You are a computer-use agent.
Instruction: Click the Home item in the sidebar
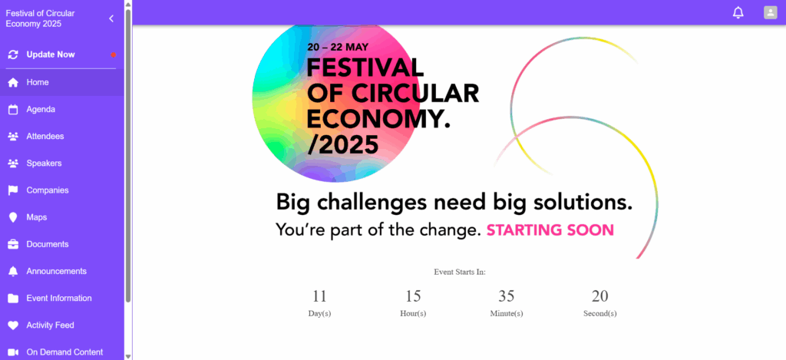(38, 82)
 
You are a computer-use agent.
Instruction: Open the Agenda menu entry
(41, 109)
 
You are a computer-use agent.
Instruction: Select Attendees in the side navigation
(45, 137)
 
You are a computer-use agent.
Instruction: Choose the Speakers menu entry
(44, 163)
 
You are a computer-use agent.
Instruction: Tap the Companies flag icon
(13, 190)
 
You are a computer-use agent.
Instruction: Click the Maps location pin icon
(13, 217)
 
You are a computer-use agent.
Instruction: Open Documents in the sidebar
(47, 245)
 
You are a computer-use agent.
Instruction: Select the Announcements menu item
(56, 271)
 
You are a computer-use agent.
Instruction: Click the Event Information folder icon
(13, 299)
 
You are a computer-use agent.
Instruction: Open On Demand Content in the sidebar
(64, 352)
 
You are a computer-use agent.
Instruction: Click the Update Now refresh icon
(13, 54)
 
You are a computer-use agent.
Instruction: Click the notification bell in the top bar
(738, 12)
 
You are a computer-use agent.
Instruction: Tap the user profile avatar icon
(771, 12)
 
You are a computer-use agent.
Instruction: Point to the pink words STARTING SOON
(550, 230)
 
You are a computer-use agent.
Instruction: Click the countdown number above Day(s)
(319, 296)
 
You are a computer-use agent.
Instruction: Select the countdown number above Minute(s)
(507, 296)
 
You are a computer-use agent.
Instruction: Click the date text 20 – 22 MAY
(338, 47)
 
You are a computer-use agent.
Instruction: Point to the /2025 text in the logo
(342, 145)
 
